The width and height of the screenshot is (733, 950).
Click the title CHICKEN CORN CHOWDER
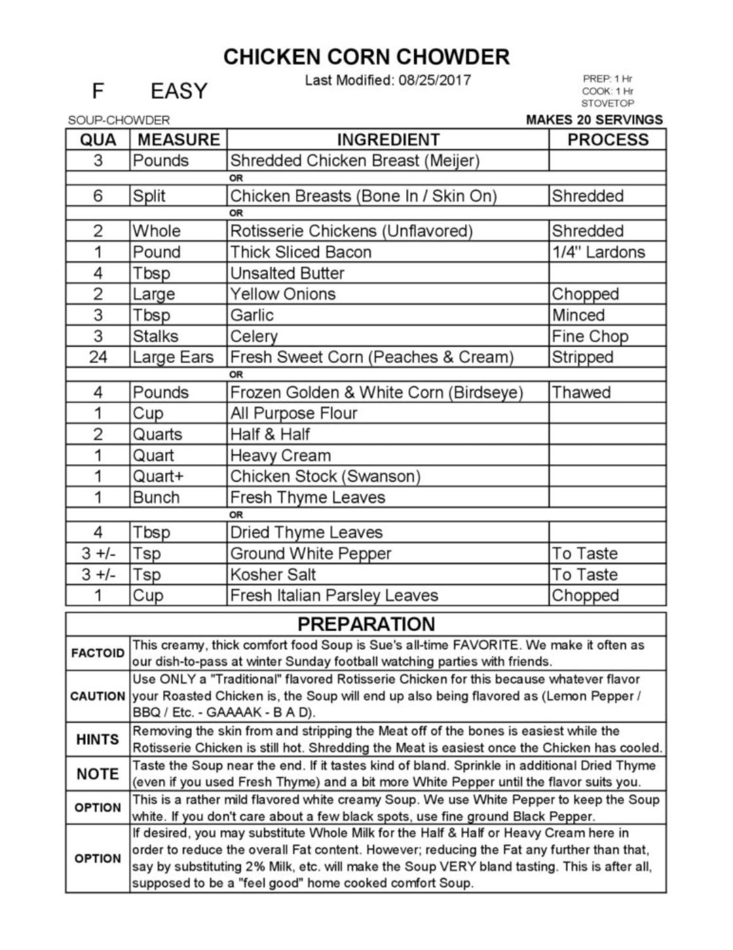366,57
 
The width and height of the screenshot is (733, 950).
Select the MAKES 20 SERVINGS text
594,120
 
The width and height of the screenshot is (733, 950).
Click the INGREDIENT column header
388,140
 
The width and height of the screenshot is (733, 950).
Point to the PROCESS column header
607,140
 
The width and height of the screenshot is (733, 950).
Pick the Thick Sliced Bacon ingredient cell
301,252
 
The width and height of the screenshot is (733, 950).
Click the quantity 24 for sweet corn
98,357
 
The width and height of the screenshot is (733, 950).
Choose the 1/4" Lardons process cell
598,252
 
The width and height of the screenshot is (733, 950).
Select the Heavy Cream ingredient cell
280,455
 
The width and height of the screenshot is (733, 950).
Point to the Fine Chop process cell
590,336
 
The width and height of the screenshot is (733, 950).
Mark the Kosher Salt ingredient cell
273,575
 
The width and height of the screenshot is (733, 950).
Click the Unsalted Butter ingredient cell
287,273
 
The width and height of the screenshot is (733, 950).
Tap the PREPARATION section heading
366,624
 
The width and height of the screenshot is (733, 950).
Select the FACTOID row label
98,653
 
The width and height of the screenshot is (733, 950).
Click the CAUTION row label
98,696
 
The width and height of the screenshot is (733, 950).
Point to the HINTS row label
98,740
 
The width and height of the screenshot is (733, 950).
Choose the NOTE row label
98,774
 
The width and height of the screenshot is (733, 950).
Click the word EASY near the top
179,91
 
